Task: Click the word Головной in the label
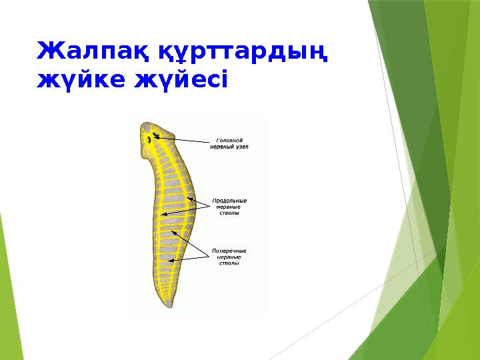click(x=229, y=141)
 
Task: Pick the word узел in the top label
click(x=241, y=147)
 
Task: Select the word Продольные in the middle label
click(x=229, y=201)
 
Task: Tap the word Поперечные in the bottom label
click(x=229, y=251)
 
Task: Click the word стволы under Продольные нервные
click(x=229, y=213)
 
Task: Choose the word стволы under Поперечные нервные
click(x=229, y=263)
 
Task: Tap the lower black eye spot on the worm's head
click(x=149, y=140)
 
